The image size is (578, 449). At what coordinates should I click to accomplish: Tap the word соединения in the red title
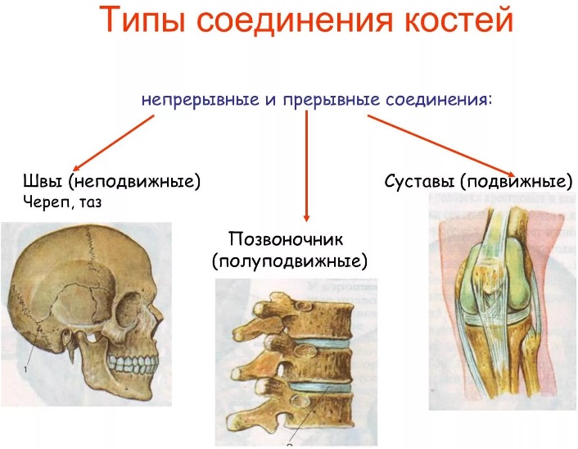click(x=295, y=20)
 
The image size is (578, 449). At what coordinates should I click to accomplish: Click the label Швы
click(x=43, y=181)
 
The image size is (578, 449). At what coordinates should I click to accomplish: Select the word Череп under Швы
click(x=47, y=202)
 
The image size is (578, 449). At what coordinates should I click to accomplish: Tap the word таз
click(x=89, y=202)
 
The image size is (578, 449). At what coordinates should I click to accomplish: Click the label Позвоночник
click(x=286, y=239)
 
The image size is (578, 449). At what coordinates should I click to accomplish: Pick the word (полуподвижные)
click(x=290, y=261)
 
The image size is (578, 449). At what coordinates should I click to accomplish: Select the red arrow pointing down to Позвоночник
click(x=306, y=166)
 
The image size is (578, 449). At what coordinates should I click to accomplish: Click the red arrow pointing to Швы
click(x=114, y=142)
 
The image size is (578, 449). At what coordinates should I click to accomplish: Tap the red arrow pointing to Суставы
click(x=441, y=147)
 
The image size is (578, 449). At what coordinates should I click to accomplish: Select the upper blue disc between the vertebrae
click(x=322, y=343)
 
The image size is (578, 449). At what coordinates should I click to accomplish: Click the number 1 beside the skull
click(x=26, y=370)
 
